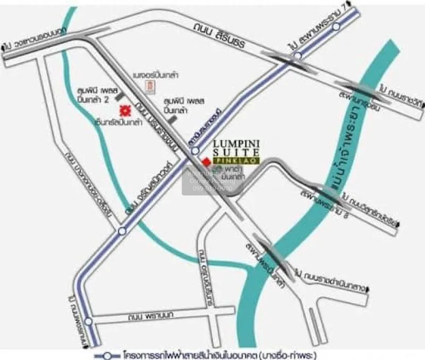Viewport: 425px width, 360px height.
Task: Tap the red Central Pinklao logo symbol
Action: point(125,111)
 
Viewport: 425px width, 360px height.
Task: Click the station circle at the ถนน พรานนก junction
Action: point(88,321)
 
